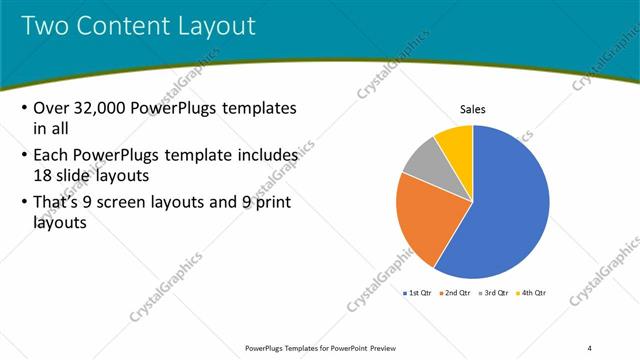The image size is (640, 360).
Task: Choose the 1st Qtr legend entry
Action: click(418, 293)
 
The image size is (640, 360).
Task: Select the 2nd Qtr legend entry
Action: click(457, 293)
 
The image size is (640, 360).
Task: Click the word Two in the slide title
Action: click(45, 26)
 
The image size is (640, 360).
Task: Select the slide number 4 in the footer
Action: click(589, 347)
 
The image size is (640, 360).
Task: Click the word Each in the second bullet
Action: click(52, 156)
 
